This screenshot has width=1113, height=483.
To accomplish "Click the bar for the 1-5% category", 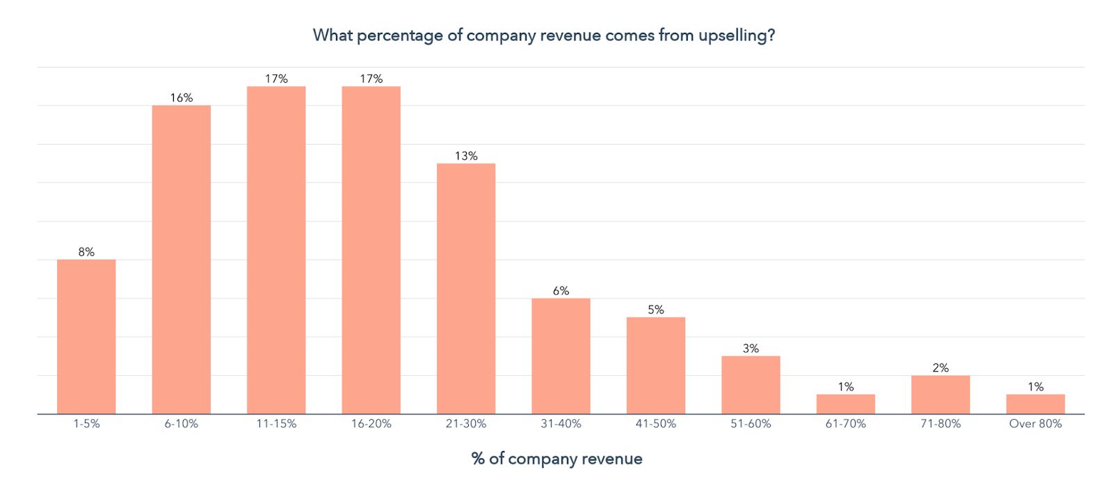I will pos(86,337).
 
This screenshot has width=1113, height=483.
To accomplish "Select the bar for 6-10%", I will pos(181,260).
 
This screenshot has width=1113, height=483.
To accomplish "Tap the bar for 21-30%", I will pos(466,289).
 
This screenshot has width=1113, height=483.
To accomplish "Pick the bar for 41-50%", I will pos(655,365).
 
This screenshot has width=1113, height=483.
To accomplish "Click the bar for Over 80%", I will pos(1035,404).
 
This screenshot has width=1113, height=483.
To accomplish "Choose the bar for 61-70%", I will pos(845,404).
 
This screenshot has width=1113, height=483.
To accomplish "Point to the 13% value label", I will pos(466,156).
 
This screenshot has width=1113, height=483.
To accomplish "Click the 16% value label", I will pos(181,98).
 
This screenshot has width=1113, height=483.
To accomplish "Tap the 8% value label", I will pos(86,252).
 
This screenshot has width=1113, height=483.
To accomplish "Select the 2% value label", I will pos(940,367).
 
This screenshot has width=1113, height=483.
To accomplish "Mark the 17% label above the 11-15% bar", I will pos(276,79).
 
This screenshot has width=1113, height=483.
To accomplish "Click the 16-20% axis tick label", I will pos(371,424).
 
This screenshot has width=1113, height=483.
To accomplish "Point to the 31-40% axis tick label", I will pos(561,424).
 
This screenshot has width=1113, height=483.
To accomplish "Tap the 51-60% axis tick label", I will pos(751,424).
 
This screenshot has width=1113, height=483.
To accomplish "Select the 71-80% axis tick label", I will pos(940,424).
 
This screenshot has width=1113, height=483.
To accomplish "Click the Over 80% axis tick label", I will pos(1035,424).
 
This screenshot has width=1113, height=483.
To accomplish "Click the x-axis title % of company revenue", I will pos(556,459).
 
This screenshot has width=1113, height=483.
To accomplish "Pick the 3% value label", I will pos(751,349).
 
